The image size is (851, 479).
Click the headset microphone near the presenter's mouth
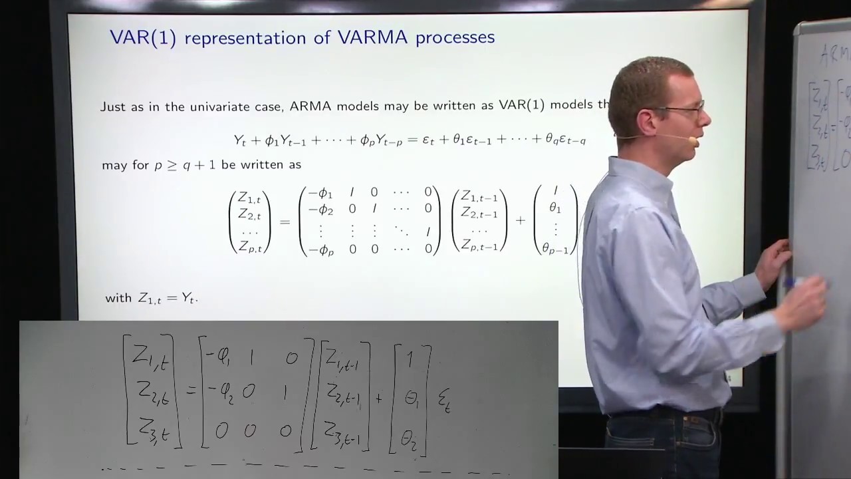click(693, 140)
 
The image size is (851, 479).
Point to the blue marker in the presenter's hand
click(798, 285)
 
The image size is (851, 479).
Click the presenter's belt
click(665, 418)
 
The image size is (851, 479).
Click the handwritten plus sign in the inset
click(380, 398)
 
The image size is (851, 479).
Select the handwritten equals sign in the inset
click(191, 391)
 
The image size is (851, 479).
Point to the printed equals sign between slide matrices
click(285, 221)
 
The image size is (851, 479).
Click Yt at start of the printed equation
click(240, 140)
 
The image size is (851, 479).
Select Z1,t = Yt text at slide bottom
click(168, 298)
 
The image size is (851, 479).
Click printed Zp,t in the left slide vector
click(250, 247)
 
